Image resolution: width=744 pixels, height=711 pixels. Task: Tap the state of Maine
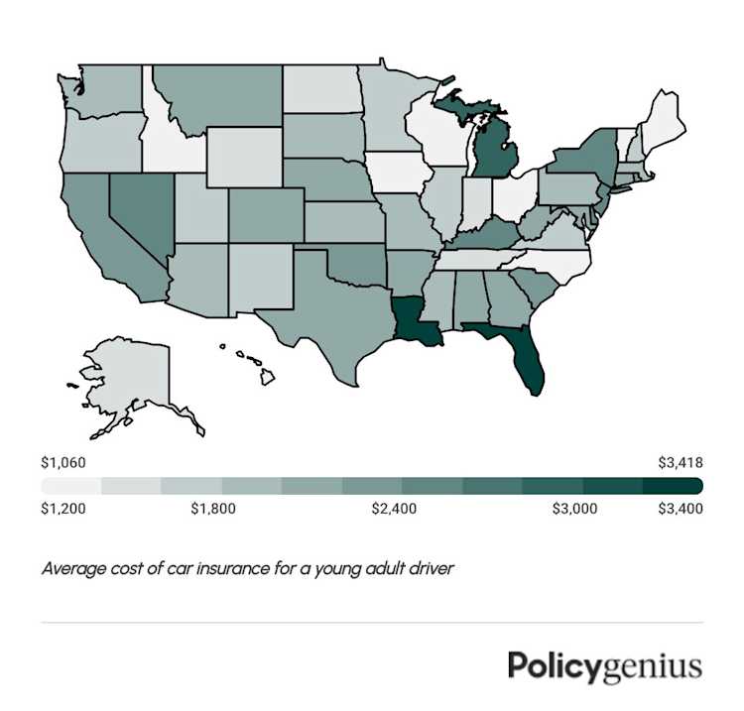click(x=660, y=119)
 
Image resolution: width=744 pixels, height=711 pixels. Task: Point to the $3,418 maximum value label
click(x=680, y=462)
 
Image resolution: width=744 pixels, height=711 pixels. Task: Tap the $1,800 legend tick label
click(x=212, y=510)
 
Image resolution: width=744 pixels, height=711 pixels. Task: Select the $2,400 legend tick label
click(x=396, y=510)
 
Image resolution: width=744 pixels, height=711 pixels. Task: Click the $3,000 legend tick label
click(x=574, y=510)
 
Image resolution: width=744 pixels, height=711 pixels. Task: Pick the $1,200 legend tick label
click(x=62, y=510)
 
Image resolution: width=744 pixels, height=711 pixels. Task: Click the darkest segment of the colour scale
click(x=674, y=486)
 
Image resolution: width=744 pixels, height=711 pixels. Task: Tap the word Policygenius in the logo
click(x=605, y=665)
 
